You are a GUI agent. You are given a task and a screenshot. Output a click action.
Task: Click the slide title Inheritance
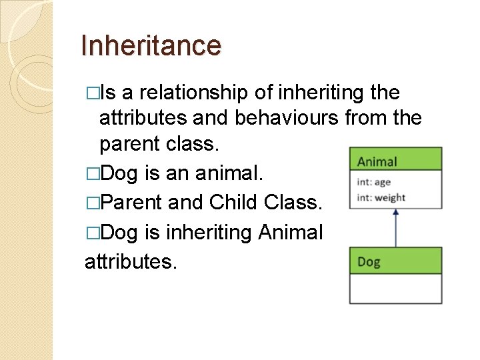[x=150, y=46]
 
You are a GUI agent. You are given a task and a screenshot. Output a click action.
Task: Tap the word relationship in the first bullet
[x=195, y=93]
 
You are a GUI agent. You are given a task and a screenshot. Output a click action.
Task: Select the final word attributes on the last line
[x=131, y=261]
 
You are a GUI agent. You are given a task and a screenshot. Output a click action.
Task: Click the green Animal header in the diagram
[x=395, y=161]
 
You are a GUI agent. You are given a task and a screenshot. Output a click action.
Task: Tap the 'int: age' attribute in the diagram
[x=374, y=182]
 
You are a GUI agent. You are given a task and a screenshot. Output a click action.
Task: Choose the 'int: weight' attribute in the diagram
[x=381, y=197]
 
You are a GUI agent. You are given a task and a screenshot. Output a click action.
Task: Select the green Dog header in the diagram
[x=395, y=261]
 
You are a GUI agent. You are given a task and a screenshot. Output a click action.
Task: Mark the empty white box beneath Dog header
[x=395, y=288]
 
